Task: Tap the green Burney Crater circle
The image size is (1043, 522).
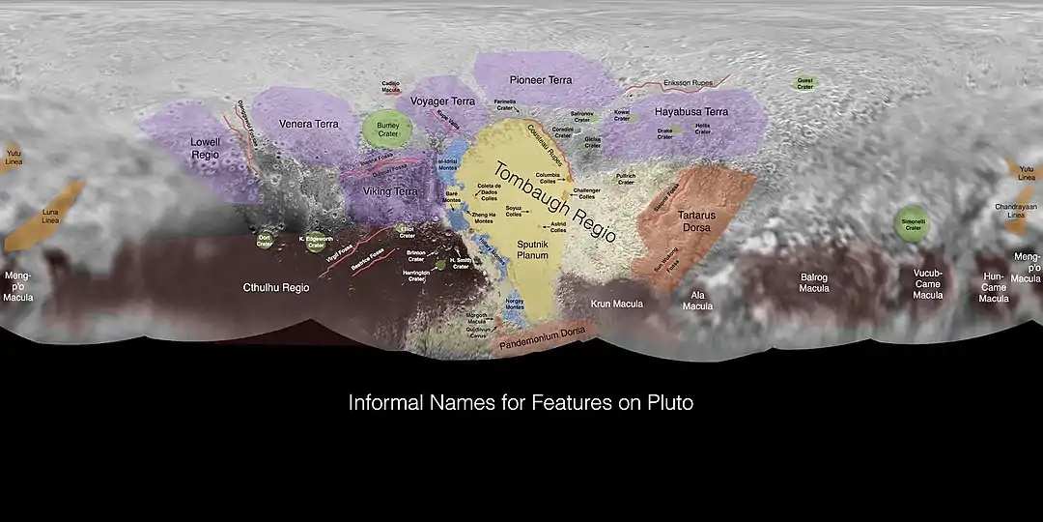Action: coord(381,129)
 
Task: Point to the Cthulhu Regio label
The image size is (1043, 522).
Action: coord(275,288)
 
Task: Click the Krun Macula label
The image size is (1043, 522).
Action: coord(617,304)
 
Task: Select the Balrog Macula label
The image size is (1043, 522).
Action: coord(814,282)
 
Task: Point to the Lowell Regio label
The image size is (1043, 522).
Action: coord(206,148)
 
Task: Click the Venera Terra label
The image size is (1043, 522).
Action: coord(309,124)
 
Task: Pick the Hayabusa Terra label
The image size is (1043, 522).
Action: coord(691,112)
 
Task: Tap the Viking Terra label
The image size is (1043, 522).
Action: coord(390,191)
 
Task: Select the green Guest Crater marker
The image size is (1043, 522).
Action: coord(804,84)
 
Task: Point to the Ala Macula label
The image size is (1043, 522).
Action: coord(697,301)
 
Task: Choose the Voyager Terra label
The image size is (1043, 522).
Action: coord(442,101)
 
